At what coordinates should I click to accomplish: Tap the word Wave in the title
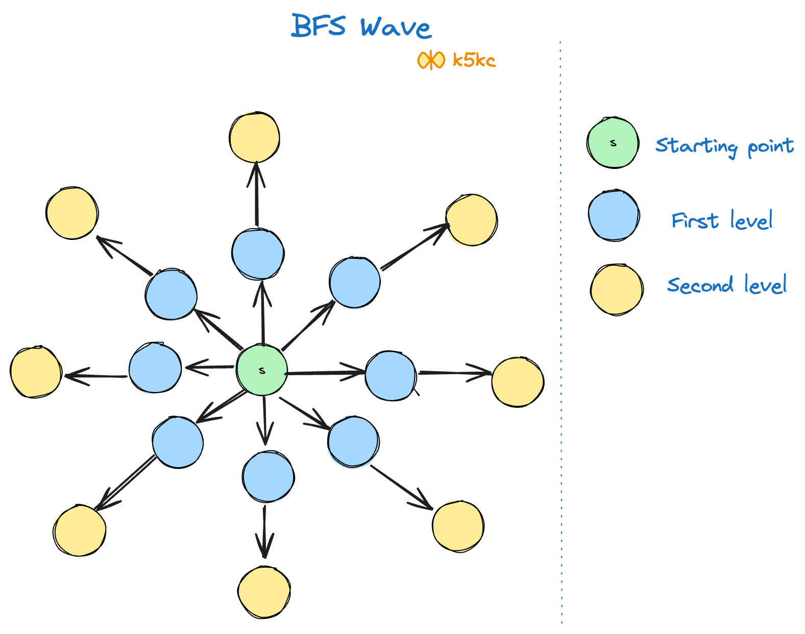[x=396, y=28]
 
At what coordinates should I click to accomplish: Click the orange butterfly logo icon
[x=431, y=60]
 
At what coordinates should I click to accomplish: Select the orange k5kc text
[x=474, y=60]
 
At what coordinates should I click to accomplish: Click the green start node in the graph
[x=262, y=370]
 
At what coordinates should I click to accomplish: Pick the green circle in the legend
[x=613, y=143]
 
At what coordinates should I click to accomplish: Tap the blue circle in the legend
[x=614, y=215]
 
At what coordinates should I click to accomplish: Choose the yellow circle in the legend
[x=616, y=289]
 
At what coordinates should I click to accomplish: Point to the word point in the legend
[x=770, y=147]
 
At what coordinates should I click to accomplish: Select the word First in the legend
[x=695, y=221]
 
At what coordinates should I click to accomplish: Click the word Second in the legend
[x=700, y=285]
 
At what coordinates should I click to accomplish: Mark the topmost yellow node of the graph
[x=254, y=137]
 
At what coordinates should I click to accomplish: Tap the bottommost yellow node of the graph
[x=264, y=592]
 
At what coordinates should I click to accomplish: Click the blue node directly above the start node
[x=258, y=254]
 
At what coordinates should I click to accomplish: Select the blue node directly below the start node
[x=268, y=477]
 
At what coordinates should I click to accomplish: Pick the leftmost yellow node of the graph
[x=36, y=372]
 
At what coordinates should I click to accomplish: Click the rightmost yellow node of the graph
[x=518, y=382]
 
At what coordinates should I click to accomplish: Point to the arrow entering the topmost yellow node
[x=256, y=194]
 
